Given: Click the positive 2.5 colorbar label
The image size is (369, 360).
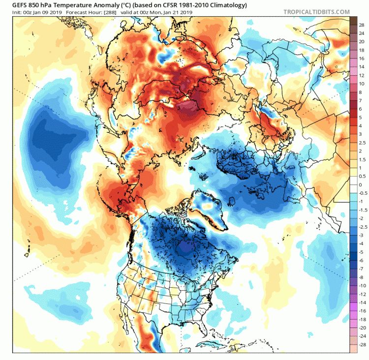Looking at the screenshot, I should (361, 142).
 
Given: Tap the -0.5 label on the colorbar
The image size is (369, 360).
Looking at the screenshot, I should (361, 193).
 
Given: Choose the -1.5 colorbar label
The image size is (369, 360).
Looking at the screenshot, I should (361, 210).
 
